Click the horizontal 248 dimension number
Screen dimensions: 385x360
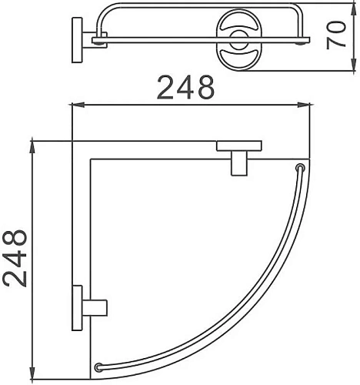click(185, 88)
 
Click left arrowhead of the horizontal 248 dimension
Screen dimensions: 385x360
click(75, 105)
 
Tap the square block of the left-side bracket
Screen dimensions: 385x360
click(97, 306)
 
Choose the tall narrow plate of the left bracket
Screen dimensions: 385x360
click(77, 306)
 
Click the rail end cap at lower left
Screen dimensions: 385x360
click(98, 367)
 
